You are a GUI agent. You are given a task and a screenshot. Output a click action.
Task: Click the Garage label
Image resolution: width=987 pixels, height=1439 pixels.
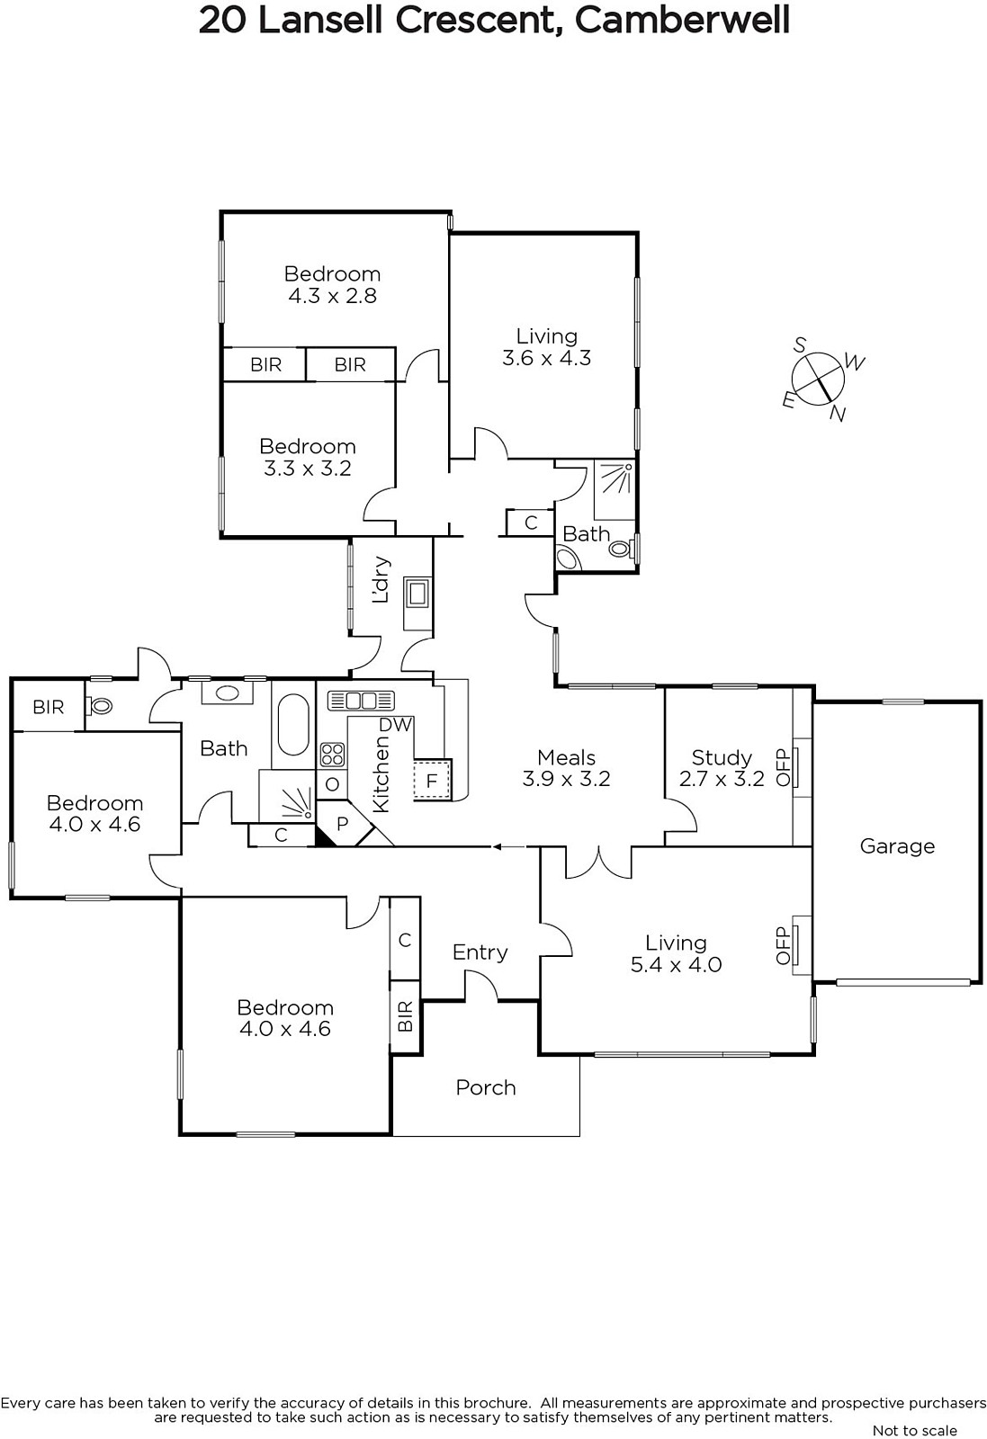(x=897, y=846)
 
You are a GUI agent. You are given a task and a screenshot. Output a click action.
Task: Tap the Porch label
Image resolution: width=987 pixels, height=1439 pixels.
(x=486, y=1087)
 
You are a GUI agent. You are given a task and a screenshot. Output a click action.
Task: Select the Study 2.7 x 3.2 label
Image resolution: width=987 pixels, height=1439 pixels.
(x=722, y=768)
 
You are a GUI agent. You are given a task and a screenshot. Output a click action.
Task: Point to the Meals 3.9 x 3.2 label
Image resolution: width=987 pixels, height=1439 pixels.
(x=566, y=768)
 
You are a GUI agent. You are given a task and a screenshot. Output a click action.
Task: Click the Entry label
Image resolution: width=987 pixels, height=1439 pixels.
(x=480, y=952)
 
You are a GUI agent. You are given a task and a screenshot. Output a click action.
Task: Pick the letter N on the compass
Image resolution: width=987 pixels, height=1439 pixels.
(x=838, y=415)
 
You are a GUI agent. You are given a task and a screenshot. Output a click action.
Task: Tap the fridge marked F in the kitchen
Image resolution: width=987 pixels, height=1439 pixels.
(x=432, y=781)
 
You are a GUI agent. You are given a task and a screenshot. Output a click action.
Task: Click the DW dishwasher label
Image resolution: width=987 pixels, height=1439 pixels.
(x=395, y=725)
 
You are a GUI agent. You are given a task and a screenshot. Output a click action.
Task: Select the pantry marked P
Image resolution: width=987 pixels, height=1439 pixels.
(x=343, y=824)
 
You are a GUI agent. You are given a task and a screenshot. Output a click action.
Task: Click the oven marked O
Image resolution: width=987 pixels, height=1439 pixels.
(x=332, y=783)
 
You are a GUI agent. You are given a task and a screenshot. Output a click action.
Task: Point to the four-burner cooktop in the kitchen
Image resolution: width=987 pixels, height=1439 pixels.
(x=332, y=755)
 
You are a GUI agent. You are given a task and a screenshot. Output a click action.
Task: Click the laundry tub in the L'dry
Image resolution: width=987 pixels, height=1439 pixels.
(x=417, y=594)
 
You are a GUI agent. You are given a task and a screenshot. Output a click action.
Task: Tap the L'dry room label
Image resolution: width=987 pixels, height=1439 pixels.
(x=381, y=579)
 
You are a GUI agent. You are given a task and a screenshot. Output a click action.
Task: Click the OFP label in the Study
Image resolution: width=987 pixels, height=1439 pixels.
(x=782, y=767)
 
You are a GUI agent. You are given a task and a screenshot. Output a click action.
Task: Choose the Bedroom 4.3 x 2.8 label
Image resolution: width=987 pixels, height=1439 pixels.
(x=332, y=284)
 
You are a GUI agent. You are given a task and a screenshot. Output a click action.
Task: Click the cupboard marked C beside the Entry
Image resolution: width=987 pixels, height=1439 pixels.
(x=405, y=939)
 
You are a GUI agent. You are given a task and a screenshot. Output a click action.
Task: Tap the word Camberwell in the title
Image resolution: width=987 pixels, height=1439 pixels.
(x=682, y=21)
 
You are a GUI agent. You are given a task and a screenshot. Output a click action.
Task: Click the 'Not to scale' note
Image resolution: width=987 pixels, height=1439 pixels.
(x=915, y=1430)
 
